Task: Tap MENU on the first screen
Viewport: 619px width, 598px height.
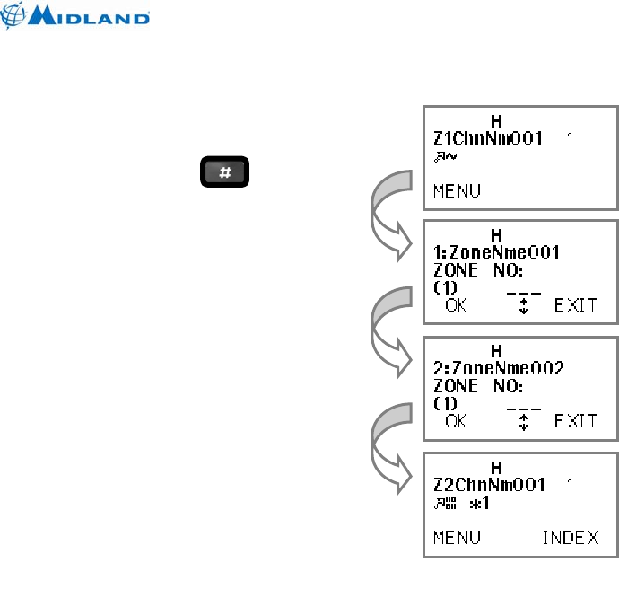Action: [457, 190]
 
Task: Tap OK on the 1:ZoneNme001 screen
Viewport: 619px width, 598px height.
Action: [457, 305]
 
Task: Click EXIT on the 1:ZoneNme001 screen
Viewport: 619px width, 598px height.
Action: [575, 305]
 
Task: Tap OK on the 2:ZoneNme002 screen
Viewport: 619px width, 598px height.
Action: [457, 420]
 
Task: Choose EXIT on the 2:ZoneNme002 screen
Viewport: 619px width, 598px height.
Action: [575, 420]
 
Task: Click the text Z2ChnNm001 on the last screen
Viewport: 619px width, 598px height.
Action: [490, 486]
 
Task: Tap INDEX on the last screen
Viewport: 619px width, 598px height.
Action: [571, 537]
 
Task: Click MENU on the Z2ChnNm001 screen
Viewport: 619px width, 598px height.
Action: [457, 537]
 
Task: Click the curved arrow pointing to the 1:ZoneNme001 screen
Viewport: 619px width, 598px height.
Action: [384, 220]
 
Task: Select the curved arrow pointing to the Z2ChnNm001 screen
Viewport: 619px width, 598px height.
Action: [384, 449]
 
